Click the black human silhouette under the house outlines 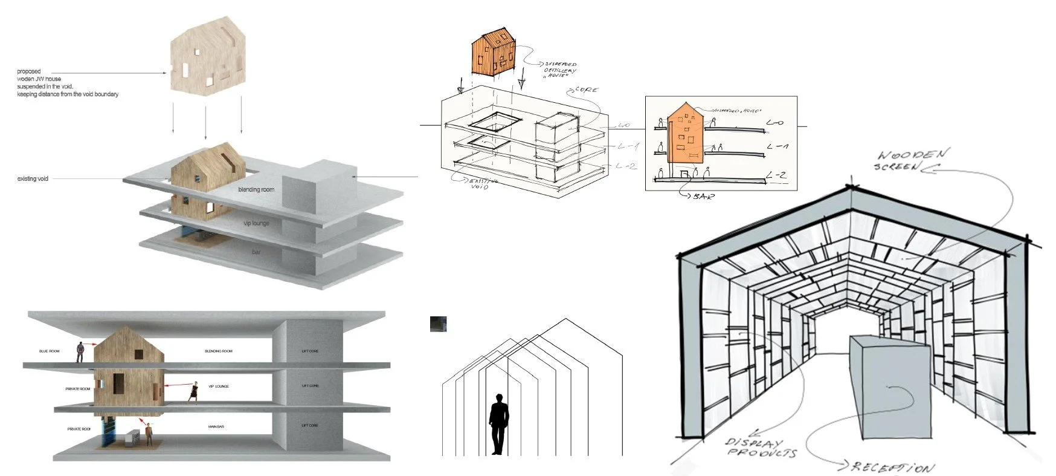498,423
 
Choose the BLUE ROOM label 51,351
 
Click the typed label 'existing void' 33,179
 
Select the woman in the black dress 194,392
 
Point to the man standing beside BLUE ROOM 80,352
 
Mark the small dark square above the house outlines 438,324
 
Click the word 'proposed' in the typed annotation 29,72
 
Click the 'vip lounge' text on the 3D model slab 256,224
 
